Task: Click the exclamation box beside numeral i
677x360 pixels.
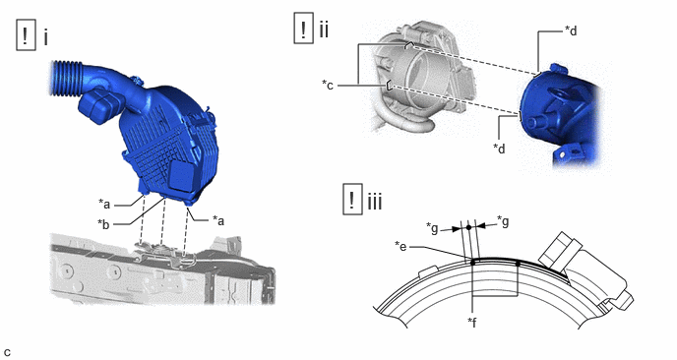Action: (26, 35)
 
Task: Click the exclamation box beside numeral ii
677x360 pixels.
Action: (303, 29)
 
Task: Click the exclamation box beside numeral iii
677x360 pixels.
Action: (352, 199)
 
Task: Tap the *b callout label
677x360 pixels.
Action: (103, 224)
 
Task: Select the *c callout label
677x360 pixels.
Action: (328, 85)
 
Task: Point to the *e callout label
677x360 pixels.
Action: (401, 247)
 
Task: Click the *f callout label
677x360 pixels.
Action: (472, 322)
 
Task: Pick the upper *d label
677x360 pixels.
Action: (571, 30)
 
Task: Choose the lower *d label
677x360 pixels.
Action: (499, 149)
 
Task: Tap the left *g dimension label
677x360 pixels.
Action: (433, 227)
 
